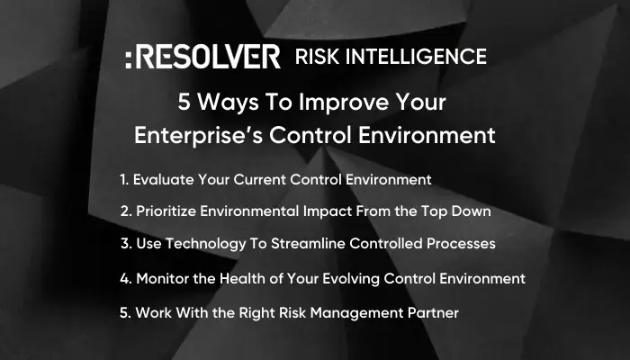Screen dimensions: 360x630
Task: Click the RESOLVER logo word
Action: coord(209,58)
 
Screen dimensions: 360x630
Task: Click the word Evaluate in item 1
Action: coord(163,180)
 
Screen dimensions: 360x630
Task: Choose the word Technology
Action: coord(209,243)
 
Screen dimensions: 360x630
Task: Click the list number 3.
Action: coord(124,243)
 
